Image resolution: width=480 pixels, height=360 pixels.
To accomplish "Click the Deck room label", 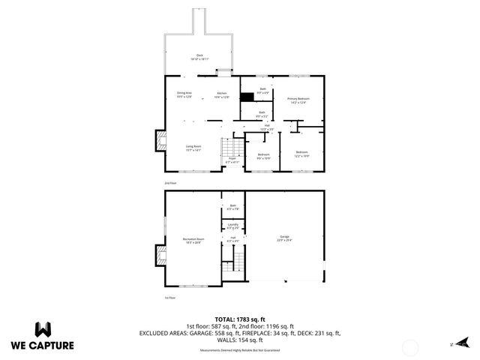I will (199, 57).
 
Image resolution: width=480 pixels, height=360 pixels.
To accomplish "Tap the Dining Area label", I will (184, 94).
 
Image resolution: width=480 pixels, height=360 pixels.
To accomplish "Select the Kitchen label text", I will (221, 94).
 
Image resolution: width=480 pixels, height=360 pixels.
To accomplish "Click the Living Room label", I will (193, 148).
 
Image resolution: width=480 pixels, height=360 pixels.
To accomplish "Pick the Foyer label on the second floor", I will (232, 160).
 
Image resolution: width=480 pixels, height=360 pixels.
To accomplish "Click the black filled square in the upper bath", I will (247, 97).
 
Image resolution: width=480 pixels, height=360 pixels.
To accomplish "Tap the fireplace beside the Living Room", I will (160, 139).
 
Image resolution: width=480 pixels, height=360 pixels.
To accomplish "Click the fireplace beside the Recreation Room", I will (160, 256).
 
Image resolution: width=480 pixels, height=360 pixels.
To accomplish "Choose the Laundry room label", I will (232, 226).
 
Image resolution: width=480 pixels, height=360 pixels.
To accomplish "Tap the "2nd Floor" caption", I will (170, 182).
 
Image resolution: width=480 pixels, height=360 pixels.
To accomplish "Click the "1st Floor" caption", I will (170, 298).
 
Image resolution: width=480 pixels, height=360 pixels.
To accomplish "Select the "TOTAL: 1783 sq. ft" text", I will (239, 318).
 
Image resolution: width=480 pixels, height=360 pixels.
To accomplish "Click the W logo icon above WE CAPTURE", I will (43, 329).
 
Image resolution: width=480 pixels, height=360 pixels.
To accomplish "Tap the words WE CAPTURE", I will (42, 346).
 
